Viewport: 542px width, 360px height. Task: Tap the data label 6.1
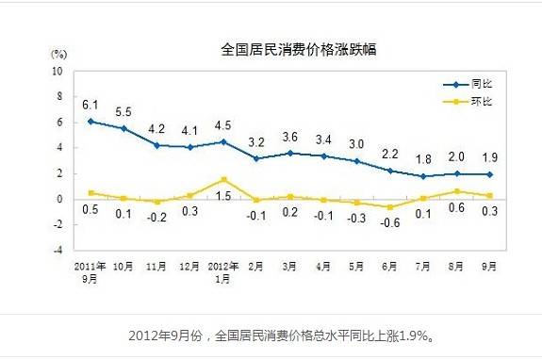[90, 105]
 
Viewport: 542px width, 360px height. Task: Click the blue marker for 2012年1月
[222, 141]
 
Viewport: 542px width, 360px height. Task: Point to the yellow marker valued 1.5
[222, 179]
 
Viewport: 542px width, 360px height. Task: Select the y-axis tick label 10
[58, 71]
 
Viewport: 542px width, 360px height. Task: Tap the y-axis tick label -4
[58, 251]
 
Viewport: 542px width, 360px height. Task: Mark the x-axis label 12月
[190, 268]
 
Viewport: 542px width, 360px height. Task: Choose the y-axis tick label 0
[60, 199]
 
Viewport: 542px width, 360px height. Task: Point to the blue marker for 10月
[123, 128]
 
